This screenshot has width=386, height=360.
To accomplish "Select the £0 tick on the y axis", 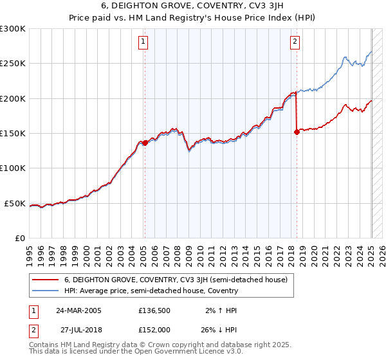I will click(19, 239).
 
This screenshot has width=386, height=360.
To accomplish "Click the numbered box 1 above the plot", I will click(142, 42).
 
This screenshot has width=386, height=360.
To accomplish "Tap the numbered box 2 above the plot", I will click(295, 42).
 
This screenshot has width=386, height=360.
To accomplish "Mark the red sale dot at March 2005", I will click(145, 143).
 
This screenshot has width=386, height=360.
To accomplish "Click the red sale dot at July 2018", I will click(297, 132).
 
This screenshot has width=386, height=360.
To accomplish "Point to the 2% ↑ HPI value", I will click(219, 311).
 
